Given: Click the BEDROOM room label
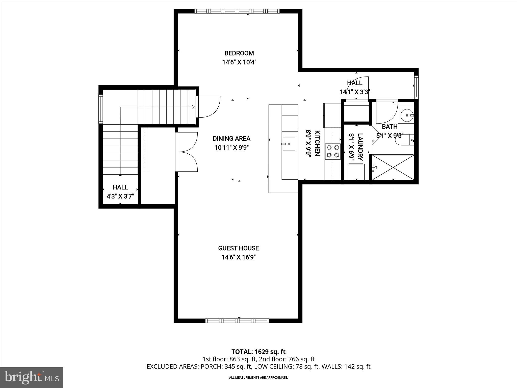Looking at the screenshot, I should [x=239, y=53].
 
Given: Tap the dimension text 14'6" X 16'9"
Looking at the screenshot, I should [x=239, y=257].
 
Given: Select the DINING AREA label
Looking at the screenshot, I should [x=231, y=138].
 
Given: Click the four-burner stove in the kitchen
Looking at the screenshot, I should [x=333, y=151].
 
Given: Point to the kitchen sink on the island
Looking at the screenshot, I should [x=289, y=144].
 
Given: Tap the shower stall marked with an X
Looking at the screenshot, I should [x=393, y=167].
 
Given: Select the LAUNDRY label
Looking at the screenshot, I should [x=360, y=147].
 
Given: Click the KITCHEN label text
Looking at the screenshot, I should [x=317, y=143].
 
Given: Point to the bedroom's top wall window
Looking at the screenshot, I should [x=237, y=11].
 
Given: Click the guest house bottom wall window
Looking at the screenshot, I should [x=237, y=321].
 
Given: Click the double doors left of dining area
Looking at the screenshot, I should [x=187, y=152].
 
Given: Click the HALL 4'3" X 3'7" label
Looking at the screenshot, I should [x=120, y=192].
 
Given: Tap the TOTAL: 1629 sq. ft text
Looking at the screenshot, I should [x=258, y=351].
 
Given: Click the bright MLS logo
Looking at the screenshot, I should [x=32, y=377].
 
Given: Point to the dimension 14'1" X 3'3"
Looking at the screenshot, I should [x=354, y=92].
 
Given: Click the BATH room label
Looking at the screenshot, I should [x=390, y=127].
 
